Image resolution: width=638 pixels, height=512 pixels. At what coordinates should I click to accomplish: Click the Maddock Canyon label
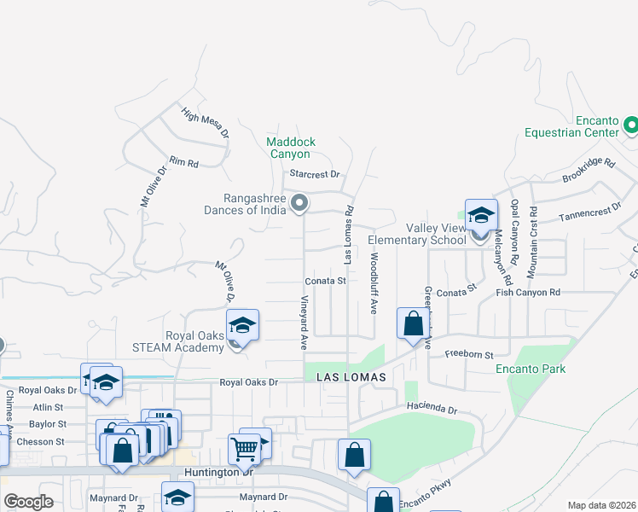click(291, 148)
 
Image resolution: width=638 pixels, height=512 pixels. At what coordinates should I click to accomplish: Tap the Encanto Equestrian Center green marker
click(631, 126)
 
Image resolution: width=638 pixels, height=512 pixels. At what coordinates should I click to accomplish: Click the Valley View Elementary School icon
click(481, 215)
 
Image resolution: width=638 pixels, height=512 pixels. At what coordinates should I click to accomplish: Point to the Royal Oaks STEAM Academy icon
click(242, 326)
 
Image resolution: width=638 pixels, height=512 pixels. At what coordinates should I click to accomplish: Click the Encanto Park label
click(531, 369)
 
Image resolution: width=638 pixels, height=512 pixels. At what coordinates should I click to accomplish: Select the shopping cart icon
click(244, 447)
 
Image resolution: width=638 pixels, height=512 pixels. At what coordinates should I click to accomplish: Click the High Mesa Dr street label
click(206, 122)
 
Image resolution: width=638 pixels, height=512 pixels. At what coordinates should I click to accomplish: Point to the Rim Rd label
click(183, 161)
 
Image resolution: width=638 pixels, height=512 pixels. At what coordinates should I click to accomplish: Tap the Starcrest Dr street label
click(315, 174)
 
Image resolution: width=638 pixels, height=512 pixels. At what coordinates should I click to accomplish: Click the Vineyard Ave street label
click(304, 323)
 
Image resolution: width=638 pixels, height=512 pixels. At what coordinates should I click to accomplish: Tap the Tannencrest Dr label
click(590, 212)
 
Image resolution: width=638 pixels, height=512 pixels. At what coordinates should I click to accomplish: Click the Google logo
click(29, 502)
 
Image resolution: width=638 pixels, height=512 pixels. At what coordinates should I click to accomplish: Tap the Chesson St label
click(36, 442)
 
